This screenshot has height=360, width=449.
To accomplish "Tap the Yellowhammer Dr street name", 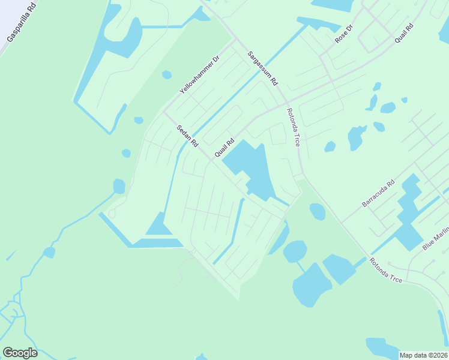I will pos(200,75).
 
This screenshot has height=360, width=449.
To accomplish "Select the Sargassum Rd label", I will pos(263,67).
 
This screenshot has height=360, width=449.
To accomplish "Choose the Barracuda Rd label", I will pos(378,193).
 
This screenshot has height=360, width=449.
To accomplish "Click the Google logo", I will pos(20,353).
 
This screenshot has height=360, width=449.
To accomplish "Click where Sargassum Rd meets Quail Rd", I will pos(286,101).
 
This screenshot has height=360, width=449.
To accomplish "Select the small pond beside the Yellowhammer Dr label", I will pos(167,75).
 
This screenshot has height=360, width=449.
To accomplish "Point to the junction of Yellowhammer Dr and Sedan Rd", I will pos(164,112).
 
